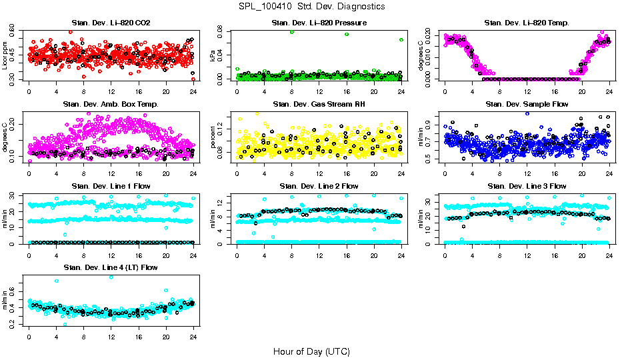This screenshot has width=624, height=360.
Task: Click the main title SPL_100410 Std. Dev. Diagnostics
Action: tap(311, 7)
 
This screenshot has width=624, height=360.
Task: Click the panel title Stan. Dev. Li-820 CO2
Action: tap(111, 23)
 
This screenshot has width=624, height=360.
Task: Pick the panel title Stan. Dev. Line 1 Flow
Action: tap(111, 186)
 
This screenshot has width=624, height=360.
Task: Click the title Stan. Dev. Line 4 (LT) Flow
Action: tap(111, 267)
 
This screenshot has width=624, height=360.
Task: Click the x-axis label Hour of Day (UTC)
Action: tap(311, 351)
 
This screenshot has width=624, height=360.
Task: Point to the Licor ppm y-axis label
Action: tap(5, 55)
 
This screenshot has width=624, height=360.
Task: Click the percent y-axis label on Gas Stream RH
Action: tap(213, 136)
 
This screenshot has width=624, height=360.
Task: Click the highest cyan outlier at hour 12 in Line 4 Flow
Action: tap(111, 277)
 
